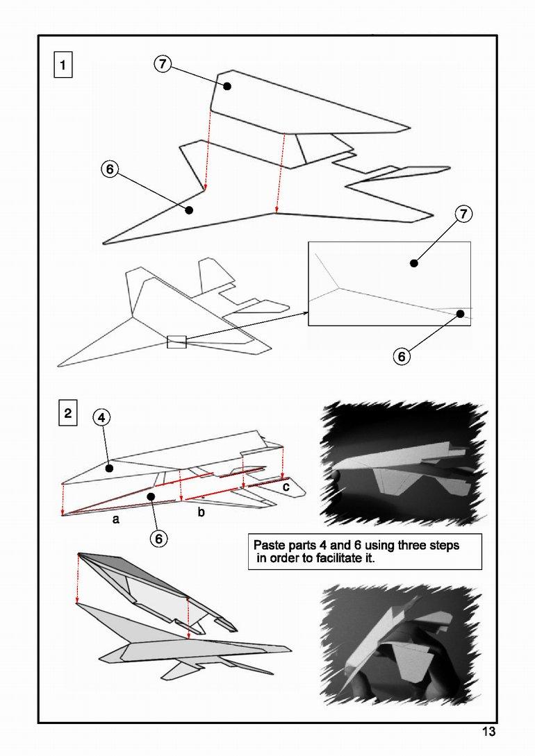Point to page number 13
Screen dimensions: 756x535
tap(488, 732)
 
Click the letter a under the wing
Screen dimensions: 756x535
tap(116, 519)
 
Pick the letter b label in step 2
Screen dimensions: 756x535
tap(201, 513)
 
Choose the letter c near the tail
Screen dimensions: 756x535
tap(285, 487)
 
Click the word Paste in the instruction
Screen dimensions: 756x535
tap(268, 545)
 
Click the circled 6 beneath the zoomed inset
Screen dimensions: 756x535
tap(402, 357)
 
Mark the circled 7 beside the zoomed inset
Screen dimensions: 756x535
tap(464, 214)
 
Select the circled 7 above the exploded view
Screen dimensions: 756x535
tap(162, 64)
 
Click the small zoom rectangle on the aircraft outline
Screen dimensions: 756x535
tap(176, 341)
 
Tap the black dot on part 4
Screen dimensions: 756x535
tap(109, 469)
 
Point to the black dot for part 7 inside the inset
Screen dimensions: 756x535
tap(413, 263)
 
